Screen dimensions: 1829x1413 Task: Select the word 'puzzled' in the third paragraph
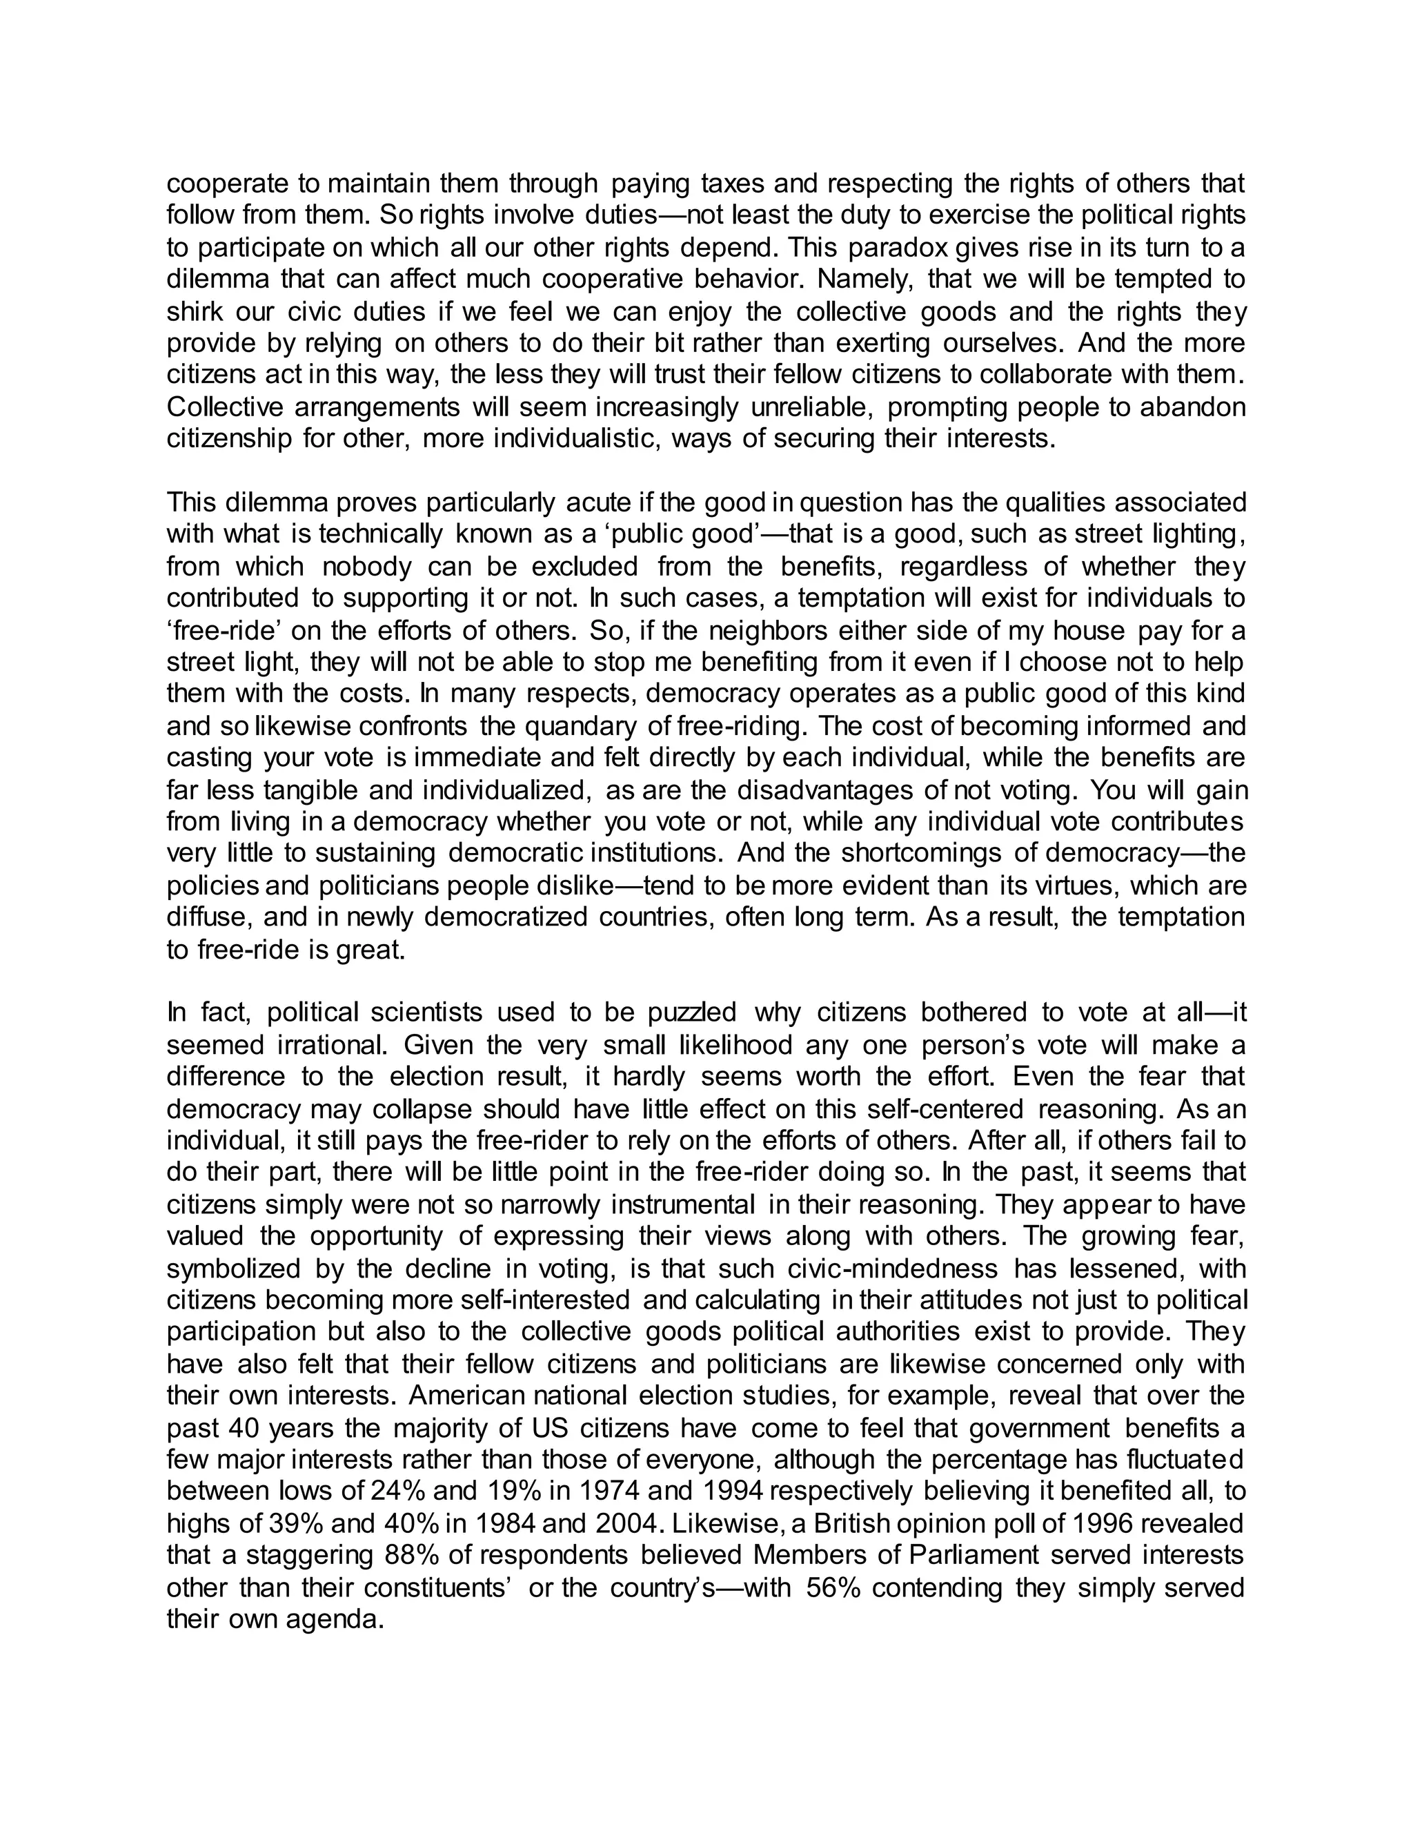pos(692,1013)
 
